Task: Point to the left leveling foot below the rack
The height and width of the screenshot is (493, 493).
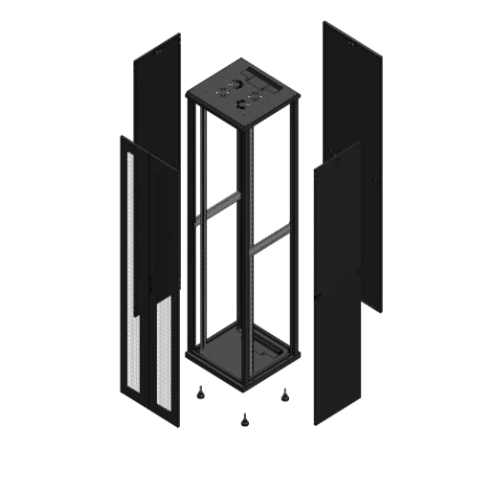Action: pyautogui.click(x=201, y=392)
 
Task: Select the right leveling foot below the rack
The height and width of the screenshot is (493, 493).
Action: pyautogui.click(x=284, y=392)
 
